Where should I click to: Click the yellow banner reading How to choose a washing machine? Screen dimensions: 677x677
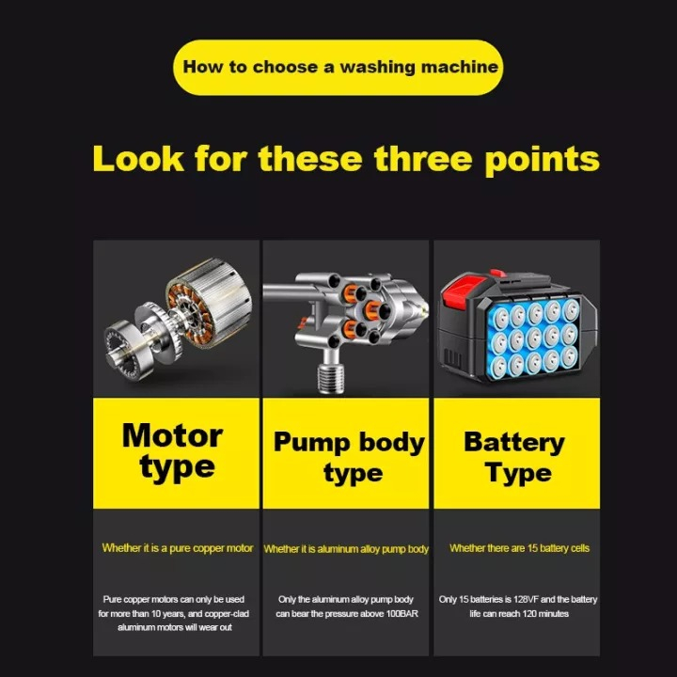[338, 68]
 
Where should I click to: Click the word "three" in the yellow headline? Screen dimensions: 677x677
[423, 159]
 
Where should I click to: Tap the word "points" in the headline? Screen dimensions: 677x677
[542, 161]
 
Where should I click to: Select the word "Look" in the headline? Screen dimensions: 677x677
[138, 159]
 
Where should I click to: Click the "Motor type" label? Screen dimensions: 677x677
[173, 452]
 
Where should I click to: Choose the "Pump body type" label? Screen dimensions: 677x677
[349, 459]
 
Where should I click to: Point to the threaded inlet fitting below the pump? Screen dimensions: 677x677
[330, 378]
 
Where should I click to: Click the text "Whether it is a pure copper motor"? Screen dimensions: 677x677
[178, 548]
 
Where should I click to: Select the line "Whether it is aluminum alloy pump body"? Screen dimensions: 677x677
[346, 549]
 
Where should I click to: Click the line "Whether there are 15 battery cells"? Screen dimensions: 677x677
[519, 548]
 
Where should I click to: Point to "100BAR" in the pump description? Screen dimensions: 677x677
[402, 613]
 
